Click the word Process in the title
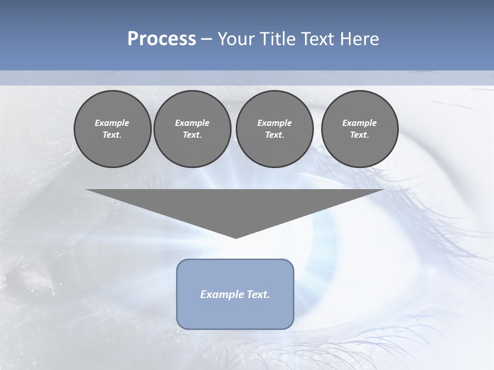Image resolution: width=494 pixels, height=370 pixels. (162, 39)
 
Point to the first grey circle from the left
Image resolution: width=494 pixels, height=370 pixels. (112, 129)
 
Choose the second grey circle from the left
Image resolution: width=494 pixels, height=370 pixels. (192, 129)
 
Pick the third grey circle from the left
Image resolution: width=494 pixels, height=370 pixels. (274, 129)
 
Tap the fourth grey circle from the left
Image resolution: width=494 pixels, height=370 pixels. (360, 129)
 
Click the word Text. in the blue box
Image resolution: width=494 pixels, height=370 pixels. (257, 294)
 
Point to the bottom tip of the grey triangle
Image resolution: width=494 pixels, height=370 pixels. (236, 237)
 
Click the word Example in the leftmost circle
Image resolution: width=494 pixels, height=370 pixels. (112, 123)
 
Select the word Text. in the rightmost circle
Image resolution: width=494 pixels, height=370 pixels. (360, 135)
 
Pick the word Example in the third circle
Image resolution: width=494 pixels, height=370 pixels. (274, 123)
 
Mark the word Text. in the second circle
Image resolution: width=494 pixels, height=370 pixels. (192, 135)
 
